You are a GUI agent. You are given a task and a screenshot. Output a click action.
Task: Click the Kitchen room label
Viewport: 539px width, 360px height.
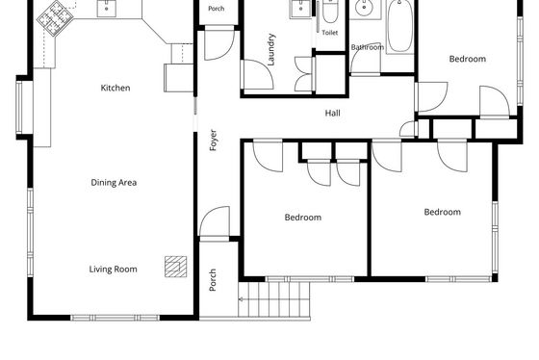point(115,88)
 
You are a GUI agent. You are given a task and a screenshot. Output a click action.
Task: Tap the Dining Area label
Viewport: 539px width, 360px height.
point(114,182)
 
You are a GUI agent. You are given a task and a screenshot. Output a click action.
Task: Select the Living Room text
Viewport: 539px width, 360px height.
point(114,269)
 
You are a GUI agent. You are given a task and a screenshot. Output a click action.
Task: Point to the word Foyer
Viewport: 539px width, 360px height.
point(213,140)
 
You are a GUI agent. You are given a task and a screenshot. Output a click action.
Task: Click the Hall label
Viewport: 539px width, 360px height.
point(333,113)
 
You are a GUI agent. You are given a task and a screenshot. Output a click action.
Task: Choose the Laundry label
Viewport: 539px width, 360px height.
point(271,49)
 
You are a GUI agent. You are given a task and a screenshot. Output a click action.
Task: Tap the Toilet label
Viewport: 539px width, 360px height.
point(329,33)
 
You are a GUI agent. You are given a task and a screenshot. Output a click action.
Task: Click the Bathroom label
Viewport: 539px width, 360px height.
point(368,47)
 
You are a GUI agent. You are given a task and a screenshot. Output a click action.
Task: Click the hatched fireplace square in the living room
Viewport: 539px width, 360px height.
point(175,267)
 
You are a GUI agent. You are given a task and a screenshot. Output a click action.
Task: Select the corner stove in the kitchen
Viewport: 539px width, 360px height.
point(55,18)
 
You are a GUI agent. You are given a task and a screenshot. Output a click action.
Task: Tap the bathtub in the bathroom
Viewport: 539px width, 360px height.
point(399,26)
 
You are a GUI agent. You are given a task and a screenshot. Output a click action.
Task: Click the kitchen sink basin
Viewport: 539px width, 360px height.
point(107,8)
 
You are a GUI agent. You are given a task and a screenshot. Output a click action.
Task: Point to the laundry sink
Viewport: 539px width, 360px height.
point(301,9)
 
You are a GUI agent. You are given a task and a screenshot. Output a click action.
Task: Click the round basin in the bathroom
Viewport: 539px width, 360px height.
point(364,8)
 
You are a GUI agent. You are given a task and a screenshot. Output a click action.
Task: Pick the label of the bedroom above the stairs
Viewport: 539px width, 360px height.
point(303,218)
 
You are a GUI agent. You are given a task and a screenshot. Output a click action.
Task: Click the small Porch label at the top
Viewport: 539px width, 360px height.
point(217,9)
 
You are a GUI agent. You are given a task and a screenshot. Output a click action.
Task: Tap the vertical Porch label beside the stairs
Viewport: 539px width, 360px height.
point(213,280)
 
